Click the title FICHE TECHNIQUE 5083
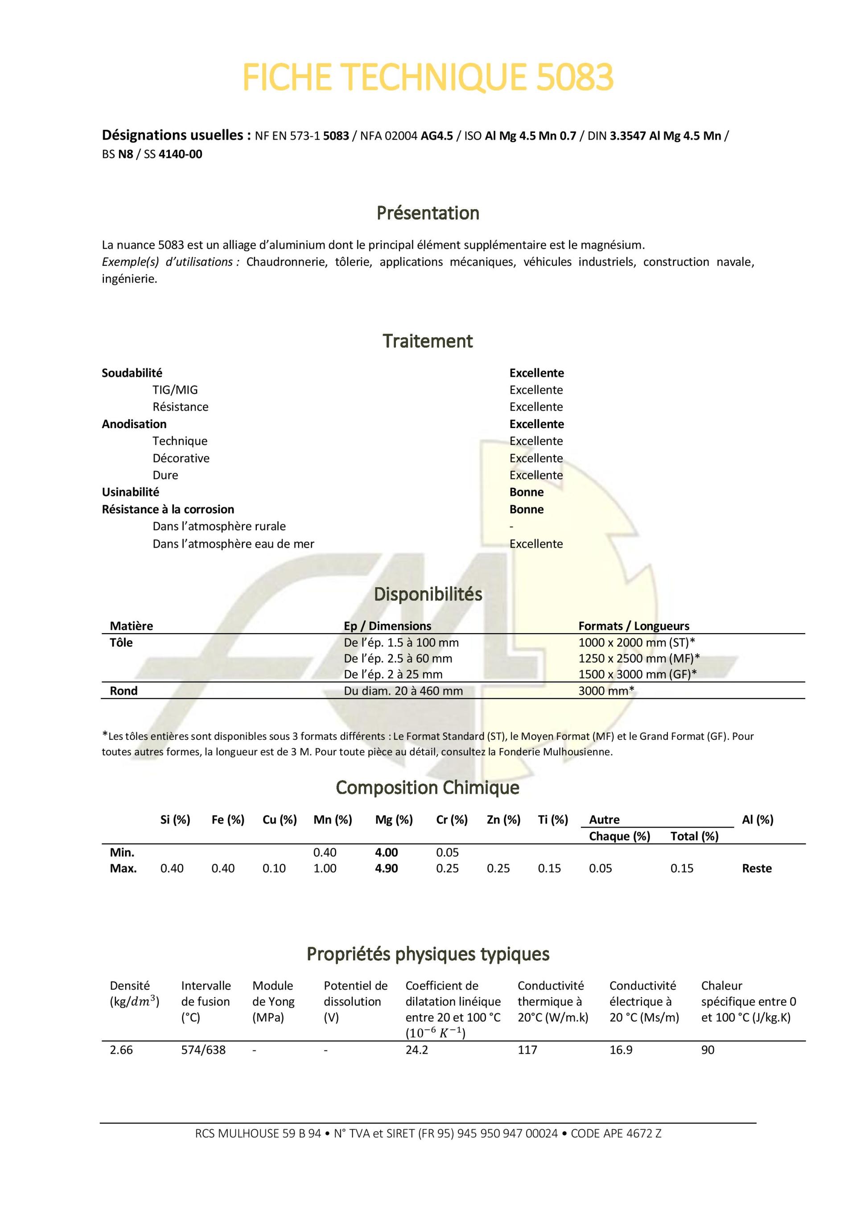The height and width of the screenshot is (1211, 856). click(428, 77)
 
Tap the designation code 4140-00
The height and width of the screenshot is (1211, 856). click(181, 155)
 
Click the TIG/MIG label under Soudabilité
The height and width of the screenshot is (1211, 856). click(175, 390)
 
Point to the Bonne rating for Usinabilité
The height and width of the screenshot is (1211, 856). click(527, 492)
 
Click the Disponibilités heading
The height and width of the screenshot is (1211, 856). click(428, 594)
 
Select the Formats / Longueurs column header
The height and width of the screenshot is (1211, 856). click(634, 626)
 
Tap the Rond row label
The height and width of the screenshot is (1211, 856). click(123, 691)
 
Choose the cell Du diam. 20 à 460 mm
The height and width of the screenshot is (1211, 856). click(403, 691)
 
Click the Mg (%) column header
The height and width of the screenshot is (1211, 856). click(394, 820)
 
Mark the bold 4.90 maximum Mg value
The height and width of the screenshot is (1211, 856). click(386, 868)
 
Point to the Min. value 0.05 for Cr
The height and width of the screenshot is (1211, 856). click(447, 853)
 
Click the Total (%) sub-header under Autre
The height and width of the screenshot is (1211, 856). click(694, 836)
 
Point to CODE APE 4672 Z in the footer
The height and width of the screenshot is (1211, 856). click(616, 1133)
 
